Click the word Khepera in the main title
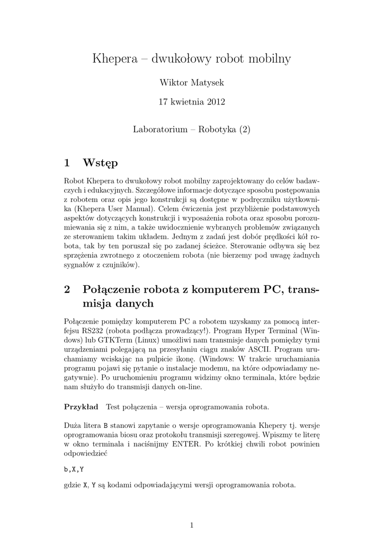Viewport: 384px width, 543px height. [113, 59]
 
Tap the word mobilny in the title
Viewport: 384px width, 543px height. [270, 59]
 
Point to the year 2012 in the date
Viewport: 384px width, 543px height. [214, 102]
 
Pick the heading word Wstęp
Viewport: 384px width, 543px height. [101, 162]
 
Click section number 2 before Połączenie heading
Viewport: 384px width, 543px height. [67, 290]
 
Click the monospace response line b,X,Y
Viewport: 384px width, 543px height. [75, 469]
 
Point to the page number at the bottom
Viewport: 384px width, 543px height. [192, 525]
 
